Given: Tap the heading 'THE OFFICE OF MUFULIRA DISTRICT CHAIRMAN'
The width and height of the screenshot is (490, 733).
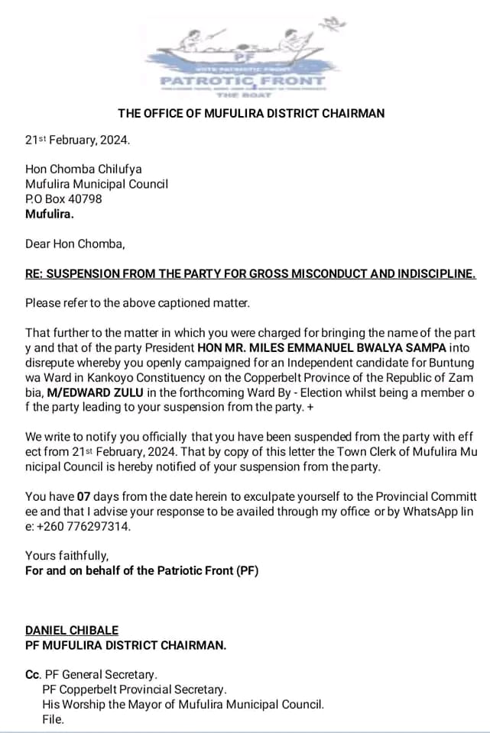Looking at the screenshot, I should (x=251, y=113).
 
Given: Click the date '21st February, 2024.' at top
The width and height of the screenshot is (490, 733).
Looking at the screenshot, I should (x=78, y=140).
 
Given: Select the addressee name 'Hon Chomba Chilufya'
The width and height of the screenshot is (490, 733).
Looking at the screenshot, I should (x=83, y=169).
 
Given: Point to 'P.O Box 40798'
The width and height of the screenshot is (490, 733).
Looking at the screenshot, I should (x=63, y=199).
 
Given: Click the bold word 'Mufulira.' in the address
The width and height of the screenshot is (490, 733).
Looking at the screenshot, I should (x=50, y=214).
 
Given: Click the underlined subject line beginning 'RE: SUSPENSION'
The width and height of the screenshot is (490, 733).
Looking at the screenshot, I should (x=250, y=273).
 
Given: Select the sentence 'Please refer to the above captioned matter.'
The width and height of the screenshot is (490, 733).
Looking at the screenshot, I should (x=138, y=303).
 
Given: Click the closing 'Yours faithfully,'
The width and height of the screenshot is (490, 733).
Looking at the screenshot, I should (x=67, y=555).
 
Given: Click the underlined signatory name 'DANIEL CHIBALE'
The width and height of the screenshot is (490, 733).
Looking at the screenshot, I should (x=72, y=630).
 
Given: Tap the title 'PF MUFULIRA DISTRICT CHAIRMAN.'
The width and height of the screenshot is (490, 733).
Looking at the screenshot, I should (x=125, y=644).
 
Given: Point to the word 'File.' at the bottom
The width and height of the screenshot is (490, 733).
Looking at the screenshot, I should (x=54, y=718).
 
